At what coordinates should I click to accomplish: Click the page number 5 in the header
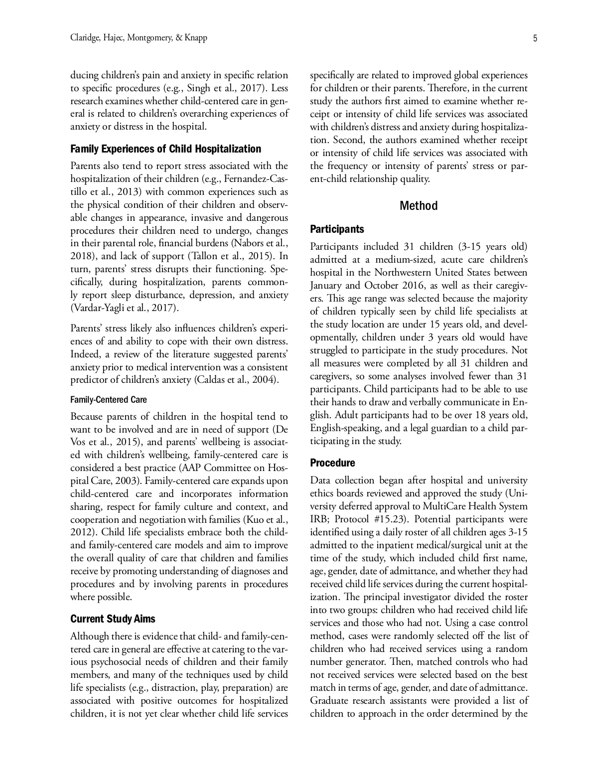(535, 38)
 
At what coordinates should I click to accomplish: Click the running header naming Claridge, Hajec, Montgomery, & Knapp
(139, 38)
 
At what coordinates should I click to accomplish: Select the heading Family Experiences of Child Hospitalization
(165, 149)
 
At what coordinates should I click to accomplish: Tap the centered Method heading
(419, 206)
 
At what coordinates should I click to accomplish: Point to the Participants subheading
(337, 229)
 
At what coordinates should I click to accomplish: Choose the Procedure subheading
(332, 463)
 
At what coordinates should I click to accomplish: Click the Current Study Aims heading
(113, 619)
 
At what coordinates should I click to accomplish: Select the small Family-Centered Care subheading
(109, 400)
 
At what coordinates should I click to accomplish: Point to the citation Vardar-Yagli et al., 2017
(123, 308)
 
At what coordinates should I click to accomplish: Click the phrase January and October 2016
(363, 286)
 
